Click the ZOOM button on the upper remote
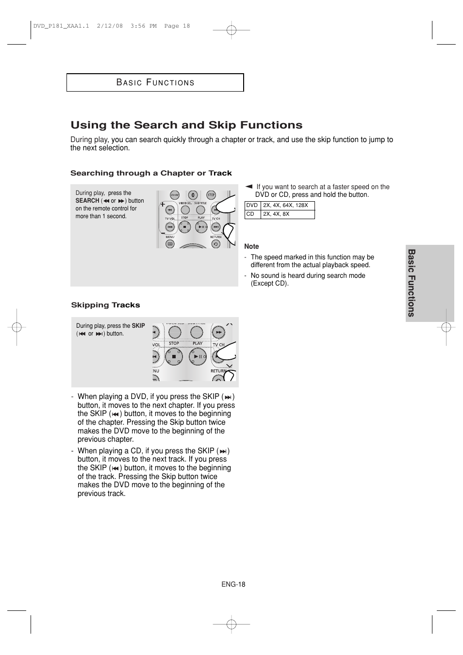click(x=174, y=195)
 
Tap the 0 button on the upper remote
click(x=192, y=195)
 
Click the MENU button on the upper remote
click(x=170, y=244)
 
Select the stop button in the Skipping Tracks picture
click(x=174, y=357)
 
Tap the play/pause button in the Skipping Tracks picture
click(x=198, y=357)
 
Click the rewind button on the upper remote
click(x=170, y=210)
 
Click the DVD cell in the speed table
click(x=252, y=206)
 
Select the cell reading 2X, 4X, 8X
click(x=287, y=214)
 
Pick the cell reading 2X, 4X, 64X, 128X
click(x=287, y=206)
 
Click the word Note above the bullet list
click(x=251, y=246)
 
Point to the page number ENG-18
click(x=233, y=584)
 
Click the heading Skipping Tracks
click(x=105, y=305)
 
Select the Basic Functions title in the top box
click(x=155, y=82)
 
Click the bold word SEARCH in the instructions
click(x=87, y=201)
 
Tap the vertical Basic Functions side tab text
click(x=412, y=283)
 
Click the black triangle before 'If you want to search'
click(x=249, y=186)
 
